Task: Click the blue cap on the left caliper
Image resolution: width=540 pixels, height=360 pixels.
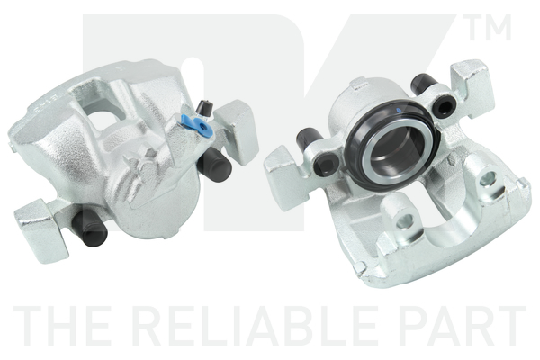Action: pyautogui.click(x=197, y=125)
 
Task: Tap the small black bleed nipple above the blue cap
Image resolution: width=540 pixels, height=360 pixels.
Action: pyautogui.click(x=204, y=107)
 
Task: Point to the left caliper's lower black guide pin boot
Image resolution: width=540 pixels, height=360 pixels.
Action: pyautogui.click(x=90, y=228)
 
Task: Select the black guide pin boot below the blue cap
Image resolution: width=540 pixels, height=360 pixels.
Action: pyautogui.click(x=214, y=165)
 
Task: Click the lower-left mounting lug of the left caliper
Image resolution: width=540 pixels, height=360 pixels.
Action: pyautogui.click(x=41, y=230)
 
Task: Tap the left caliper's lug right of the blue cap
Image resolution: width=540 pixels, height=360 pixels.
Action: pyautogui.click(x=237, y=131)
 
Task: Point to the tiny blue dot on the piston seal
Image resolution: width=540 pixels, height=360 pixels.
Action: pyautogui.click(x=399, y=111)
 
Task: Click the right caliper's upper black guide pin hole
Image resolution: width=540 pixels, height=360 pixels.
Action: pyautogui.click(x=444, y=107)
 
